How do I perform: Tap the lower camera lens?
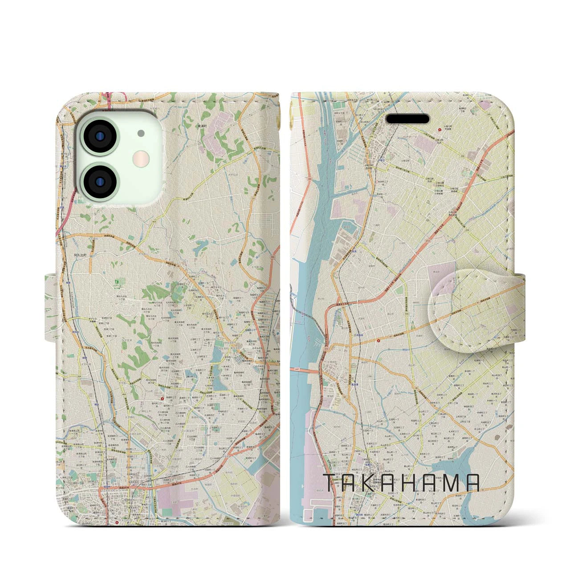[100, 181]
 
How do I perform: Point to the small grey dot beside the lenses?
[141, 133]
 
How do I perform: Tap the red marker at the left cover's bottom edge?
[117, 523]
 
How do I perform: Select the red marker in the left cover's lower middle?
[162, 387]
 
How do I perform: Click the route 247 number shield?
[296, 369]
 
